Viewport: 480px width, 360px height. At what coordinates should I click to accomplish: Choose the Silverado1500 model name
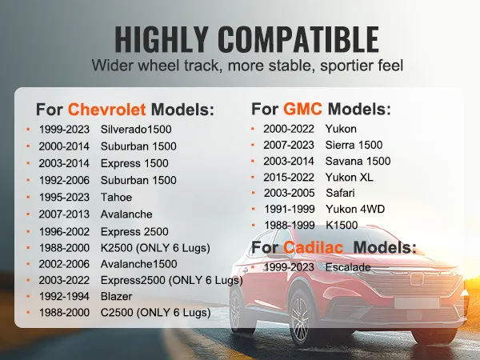(136, 129)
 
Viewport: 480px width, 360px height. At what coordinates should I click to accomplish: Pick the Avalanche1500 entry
(140, 264)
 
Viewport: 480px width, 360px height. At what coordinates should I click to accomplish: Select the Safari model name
(342, 193)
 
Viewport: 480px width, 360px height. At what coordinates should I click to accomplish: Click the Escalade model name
(349, 266)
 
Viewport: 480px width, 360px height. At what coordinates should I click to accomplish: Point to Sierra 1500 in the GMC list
(354, 145)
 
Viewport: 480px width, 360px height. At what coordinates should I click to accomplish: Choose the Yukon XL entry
(349, 177)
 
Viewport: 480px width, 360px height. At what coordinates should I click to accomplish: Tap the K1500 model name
(342, 225)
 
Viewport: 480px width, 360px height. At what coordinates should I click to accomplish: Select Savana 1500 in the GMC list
(358, 161)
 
